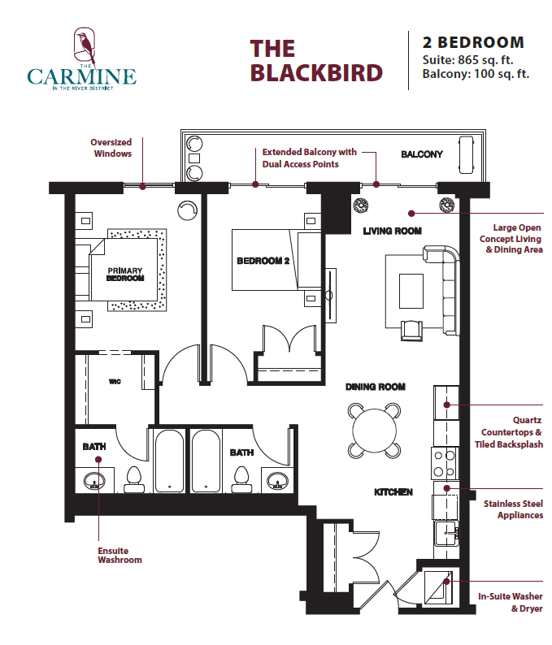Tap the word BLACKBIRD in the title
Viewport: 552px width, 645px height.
click(x=316, y=72)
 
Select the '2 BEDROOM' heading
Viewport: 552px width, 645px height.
click(x=473, y=42)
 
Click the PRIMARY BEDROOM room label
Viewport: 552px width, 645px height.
click(x=125, y=275)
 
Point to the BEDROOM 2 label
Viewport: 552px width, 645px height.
click(x=263, y=261)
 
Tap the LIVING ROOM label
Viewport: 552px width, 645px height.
click(x=392, y=232)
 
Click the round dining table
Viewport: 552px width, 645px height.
click(x=375, y=429)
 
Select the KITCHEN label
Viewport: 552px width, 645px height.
click(x=393, y=492)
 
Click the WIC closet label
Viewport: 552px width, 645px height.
click(x=115, y=380)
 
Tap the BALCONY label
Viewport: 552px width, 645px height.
click(x=421, y=154)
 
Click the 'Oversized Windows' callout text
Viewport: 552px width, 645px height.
click(x=111, y=148)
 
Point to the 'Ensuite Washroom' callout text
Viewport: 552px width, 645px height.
click(x=120, y=555)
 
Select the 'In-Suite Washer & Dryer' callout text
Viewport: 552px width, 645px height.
click(x=510, y=603)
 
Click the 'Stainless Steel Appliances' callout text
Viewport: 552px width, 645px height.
click(x=513, y=509)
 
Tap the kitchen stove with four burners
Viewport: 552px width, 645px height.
click(x=445, y=463)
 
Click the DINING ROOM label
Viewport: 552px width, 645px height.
click(x=375, y=387)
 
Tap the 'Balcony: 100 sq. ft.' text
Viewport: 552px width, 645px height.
click(x=476, y=74)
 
